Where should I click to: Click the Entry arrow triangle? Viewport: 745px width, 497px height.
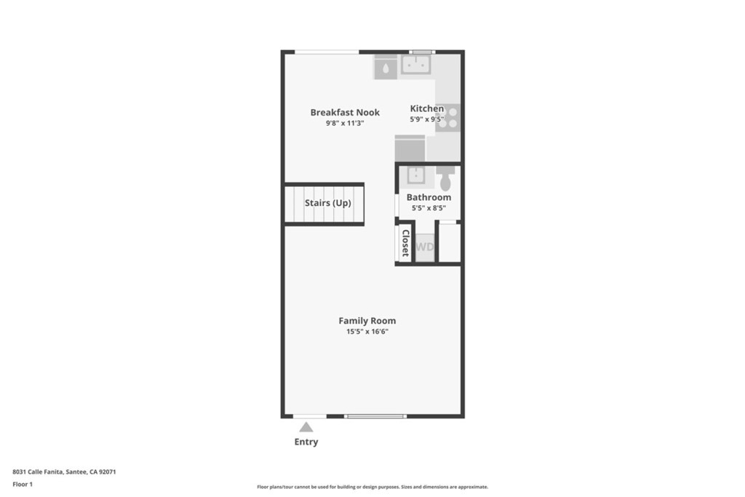pyautogui.click(x=306, y=427)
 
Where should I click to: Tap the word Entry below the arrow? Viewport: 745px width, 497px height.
pyautogui.click(x=306, y=442)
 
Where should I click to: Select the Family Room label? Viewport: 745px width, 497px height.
pyautogui.click(x=367, y=321)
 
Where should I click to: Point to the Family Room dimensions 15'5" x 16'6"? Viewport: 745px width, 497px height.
pyautogui.click(x=367, y=332)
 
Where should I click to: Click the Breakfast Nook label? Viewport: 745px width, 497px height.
pyautogui.click(x=345, y=113)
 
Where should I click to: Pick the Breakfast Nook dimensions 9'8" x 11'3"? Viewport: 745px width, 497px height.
pyautogui.click(x=345, y=124)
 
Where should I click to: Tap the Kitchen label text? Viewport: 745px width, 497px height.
pyautogui.click(x=426, y=108)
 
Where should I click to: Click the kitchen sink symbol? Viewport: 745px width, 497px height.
pyautogui.click(x=416, y=64)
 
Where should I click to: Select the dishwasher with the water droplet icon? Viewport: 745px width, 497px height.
pyautogui.click(x=386, y=68)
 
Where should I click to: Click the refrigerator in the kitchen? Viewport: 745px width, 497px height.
pyautogui.click(x=410, y=148)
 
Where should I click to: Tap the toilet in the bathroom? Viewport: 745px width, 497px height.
pyautogui.click(x=446, y=178)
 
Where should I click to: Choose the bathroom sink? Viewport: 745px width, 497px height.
pyautogui.click(x=415, y=175)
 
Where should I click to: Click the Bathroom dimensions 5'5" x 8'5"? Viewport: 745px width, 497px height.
pyautogui.click(x=429, y=208)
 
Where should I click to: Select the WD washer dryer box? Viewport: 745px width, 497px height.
pyautogui.click(x=425, y=247)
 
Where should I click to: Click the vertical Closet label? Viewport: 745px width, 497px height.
pyautogui.click(x=405, y=243)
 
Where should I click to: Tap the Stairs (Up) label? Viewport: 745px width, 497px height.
pyautogui.click(x=328, y=203)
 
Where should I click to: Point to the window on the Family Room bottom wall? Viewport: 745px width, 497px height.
pyautogui.click(x=375, y=416)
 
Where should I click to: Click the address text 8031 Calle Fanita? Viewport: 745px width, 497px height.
pyautogui.click(x=38, y=472)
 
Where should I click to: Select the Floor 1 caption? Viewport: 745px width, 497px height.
pyautogui.click(x=23, y=484)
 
